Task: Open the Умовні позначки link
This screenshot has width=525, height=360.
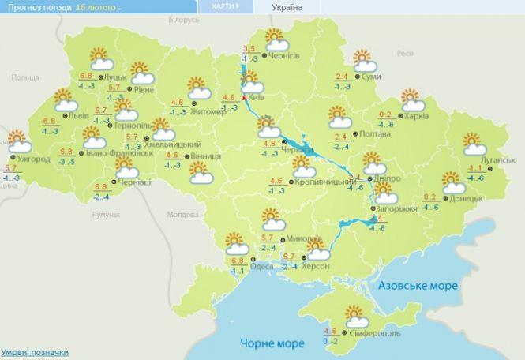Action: click(x=34, y=352)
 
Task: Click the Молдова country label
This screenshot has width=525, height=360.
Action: click(x=182, y=215)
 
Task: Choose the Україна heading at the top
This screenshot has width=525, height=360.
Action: click(x=287, y=7)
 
